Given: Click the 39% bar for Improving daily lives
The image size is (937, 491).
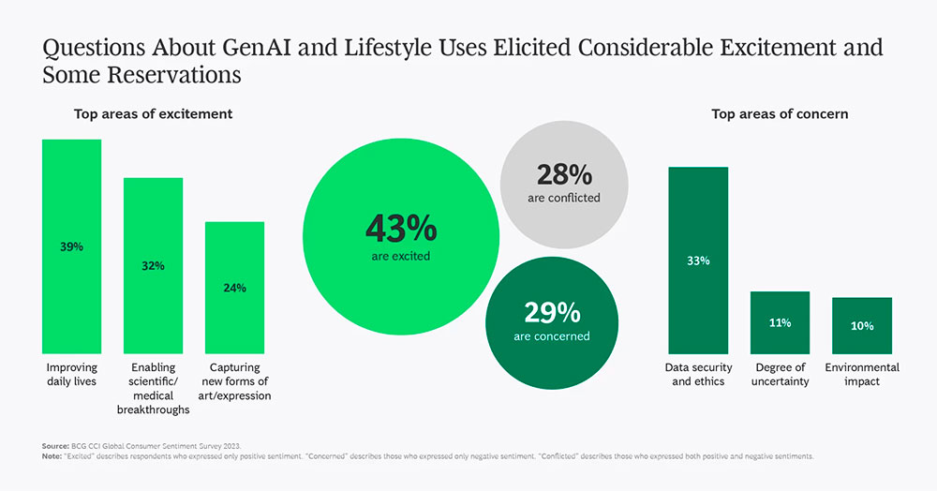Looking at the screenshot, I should pos(71,245).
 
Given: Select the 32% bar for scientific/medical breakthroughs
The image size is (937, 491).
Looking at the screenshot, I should pos(153,265).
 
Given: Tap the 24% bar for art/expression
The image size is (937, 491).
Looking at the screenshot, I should pos(234,287).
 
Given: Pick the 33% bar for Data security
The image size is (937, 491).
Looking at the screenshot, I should pos(697,260).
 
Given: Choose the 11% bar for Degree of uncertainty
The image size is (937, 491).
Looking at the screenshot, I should pos(780,321).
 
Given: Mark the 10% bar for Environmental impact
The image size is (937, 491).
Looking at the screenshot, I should pos(861,325).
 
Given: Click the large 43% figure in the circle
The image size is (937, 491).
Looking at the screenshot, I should pos(400,229).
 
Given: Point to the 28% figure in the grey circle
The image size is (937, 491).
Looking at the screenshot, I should pos(563,175).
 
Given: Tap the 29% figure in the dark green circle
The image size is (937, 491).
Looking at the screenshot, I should pos(551,313).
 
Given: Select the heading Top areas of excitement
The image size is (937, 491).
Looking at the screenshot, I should pos(154,113).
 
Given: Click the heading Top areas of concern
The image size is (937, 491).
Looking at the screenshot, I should pos(780,113).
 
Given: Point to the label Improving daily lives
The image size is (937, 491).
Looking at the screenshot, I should pos(72,375).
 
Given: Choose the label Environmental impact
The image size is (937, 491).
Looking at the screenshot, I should pos(862,375).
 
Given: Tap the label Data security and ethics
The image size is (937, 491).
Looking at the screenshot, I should pos(698,375).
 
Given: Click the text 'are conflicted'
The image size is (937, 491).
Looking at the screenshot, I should pos(563,198).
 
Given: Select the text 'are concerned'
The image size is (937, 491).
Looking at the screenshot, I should pos(551,335).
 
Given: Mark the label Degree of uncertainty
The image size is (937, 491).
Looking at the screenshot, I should pos(780,375).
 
